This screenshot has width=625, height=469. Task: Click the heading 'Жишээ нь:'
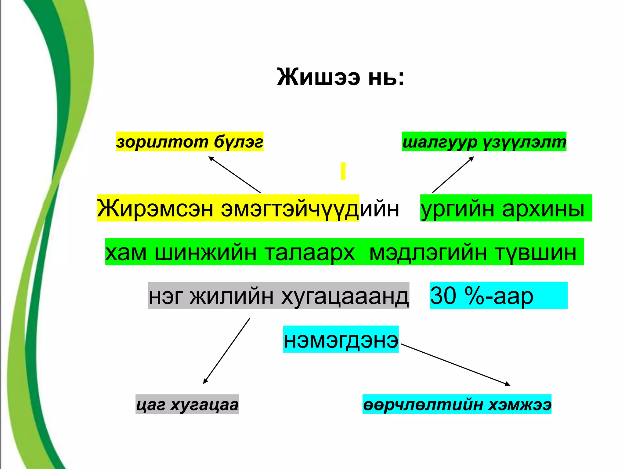[x=341, y=77]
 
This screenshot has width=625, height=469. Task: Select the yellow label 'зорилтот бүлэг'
[x=190, y=142]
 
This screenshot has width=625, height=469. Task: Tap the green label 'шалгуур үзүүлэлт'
[x=484, y=142]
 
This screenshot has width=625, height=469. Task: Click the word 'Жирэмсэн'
[x=155, y=208]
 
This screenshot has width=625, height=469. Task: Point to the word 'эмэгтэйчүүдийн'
[x=310, y=208]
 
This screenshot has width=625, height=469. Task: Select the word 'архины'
[x=543, y=208]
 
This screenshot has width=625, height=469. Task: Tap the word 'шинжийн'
[x=205, y=252]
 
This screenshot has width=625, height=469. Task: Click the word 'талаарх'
[x=309, y=252]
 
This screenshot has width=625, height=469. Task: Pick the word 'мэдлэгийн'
[x=428, y=252]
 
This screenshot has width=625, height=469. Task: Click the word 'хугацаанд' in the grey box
[x=345, y=296]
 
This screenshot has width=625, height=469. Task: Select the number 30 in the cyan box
[x=443, y=296]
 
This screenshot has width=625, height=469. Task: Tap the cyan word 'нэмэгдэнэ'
[x=341, y=340]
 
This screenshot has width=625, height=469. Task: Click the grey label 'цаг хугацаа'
[x=187, y=404]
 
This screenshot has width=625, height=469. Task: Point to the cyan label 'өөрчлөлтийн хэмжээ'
[x=457, y=404]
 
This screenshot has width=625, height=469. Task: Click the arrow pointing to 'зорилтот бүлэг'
[x=234, y=175]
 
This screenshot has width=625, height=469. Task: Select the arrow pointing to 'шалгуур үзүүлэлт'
[x=453, y=175]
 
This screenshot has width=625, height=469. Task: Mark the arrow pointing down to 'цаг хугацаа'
[x=227, y=351]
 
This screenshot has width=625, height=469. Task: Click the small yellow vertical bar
[x=343, y=171]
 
